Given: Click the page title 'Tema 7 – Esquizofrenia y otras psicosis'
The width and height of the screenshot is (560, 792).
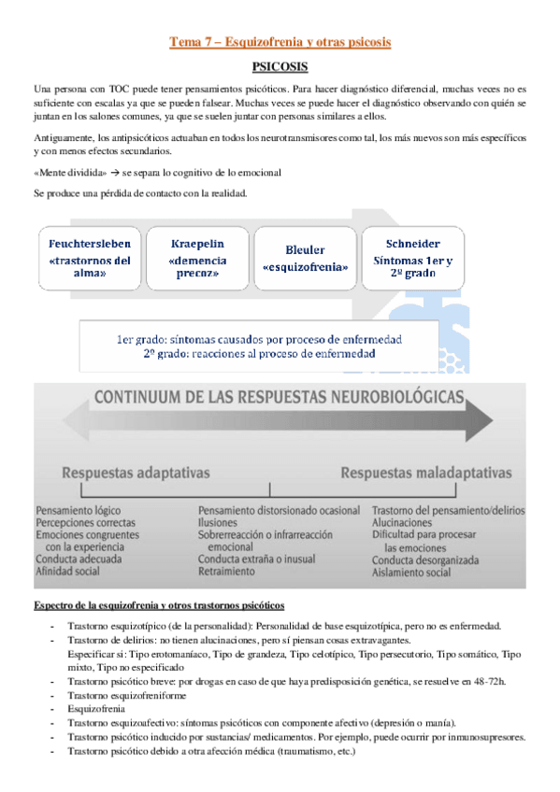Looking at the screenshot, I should coord(280,42).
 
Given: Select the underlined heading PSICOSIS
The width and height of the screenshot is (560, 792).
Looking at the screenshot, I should coord(280,68).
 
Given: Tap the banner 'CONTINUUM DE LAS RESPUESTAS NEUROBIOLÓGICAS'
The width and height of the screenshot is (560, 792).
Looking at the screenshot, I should coord(278,398).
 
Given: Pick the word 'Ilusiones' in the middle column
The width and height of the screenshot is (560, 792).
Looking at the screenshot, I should coord(220,523).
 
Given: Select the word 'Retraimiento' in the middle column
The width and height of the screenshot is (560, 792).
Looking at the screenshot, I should coord(227,571).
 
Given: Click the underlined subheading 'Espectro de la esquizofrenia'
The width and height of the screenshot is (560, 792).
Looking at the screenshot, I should coord(152,604).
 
